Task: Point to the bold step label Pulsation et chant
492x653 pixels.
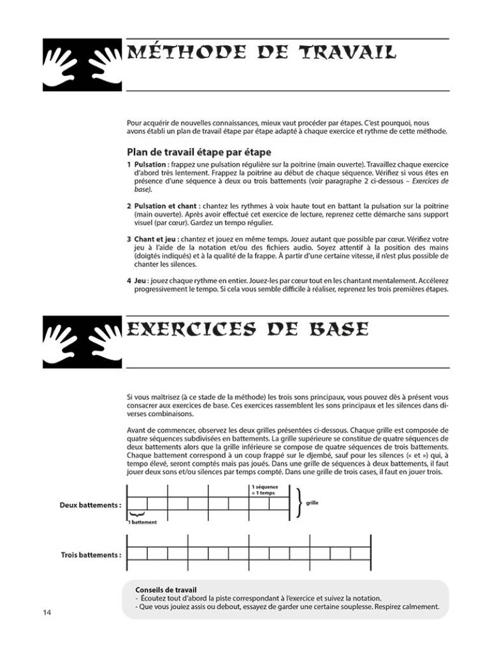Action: tap(166, 207)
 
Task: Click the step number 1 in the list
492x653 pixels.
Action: tap(129, 164)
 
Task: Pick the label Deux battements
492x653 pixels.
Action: tap(90, 504)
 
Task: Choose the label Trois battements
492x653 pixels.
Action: tap(90, 554)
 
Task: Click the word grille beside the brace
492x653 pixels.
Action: tap(312, 503)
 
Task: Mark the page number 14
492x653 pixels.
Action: tap(47, 613)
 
